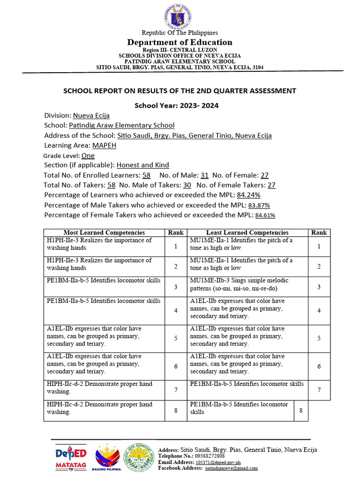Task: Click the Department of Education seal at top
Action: pos(180,15)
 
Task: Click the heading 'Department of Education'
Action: pos(180,42)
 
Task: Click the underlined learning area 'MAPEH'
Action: pos(104,145)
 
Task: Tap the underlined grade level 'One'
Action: pos(88,155)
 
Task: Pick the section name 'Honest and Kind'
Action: pos(142,165)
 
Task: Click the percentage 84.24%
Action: pos(248,195)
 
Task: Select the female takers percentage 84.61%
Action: pos(264,215)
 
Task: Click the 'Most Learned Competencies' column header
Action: pos(104,232)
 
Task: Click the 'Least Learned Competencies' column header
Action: pos(247,232)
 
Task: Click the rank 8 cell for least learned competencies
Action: pos(301,411)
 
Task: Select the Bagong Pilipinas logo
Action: pos(108,457)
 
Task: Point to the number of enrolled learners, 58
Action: pos(146,175)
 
